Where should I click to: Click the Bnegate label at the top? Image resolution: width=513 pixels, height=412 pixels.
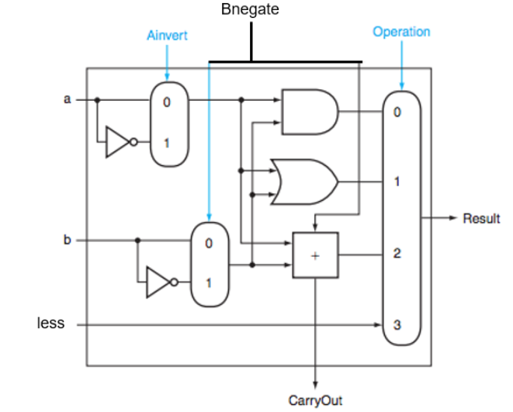tap(250, 10)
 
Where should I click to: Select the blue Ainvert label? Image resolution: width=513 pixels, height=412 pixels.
tap(167, 36)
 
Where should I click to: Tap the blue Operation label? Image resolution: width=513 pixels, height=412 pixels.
tap(401, 32)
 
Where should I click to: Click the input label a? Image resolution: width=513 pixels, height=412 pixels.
tap(68, 99)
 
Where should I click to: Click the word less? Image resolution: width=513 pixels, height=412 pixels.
tap(51, 323)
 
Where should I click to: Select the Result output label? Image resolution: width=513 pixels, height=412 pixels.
tap(481, 219)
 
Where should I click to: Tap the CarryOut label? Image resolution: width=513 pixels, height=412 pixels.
tap(315, 400)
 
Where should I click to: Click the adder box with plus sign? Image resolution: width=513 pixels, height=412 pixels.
tap(315, 255)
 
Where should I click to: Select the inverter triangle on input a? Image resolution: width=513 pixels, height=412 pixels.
tap(118, 143)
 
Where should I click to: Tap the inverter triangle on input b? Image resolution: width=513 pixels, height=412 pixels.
tap(158, 283)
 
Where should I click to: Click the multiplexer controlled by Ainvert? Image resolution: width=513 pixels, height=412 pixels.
tap(169, 123)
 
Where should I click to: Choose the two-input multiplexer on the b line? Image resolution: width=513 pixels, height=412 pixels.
tap(210, 264)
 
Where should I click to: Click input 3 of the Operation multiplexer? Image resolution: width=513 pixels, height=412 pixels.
tap(397, 324)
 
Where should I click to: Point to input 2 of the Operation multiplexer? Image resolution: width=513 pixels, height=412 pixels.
tap(397, 254)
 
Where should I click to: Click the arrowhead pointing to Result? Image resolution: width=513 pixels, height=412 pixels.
tap(455, 219)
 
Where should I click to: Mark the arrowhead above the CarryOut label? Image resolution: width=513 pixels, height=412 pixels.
tap(315, 383)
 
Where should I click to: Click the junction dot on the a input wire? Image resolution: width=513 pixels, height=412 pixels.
tap(98, 100)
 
